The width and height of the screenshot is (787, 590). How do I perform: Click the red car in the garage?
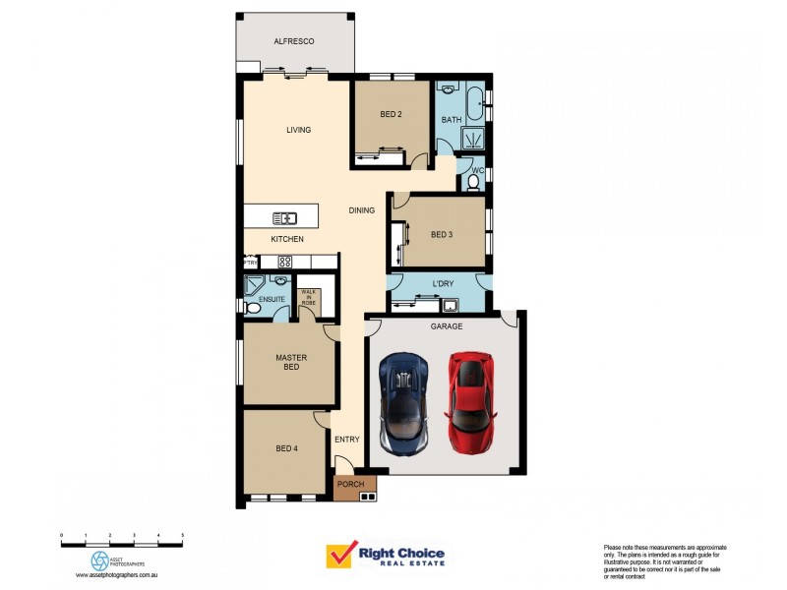470,402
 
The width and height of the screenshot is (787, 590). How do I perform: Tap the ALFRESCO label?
293,41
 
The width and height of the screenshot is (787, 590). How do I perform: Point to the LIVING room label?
298,130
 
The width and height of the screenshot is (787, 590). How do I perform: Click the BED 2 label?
391,114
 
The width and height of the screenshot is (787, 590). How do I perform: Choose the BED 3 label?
442,234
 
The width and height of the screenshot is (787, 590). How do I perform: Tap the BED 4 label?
286,448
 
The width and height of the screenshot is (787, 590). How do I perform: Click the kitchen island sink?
285,217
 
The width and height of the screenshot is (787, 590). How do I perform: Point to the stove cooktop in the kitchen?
285,262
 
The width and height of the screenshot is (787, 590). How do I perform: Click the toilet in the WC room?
474,182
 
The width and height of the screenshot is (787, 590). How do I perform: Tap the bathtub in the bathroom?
475,99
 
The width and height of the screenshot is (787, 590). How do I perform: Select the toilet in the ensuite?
252,307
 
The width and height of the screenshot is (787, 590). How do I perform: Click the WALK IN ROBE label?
309,297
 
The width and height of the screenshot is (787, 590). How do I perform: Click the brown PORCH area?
349,484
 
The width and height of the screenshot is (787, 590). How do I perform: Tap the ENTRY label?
346,440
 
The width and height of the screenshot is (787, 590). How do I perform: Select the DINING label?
361,210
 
